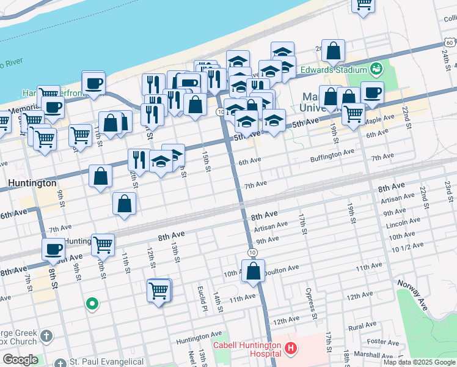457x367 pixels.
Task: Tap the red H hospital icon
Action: point(291,349)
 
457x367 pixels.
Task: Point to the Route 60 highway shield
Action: point(449,42)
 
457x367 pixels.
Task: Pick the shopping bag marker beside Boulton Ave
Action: point(253,270)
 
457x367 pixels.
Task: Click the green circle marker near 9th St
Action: point(92,303)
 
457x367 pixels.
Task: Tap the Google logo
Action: point(20,360)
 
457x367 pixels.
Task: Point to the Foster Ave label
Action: point(384,342)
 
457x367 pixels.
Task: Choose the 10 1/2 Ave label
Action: point(408,248)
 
